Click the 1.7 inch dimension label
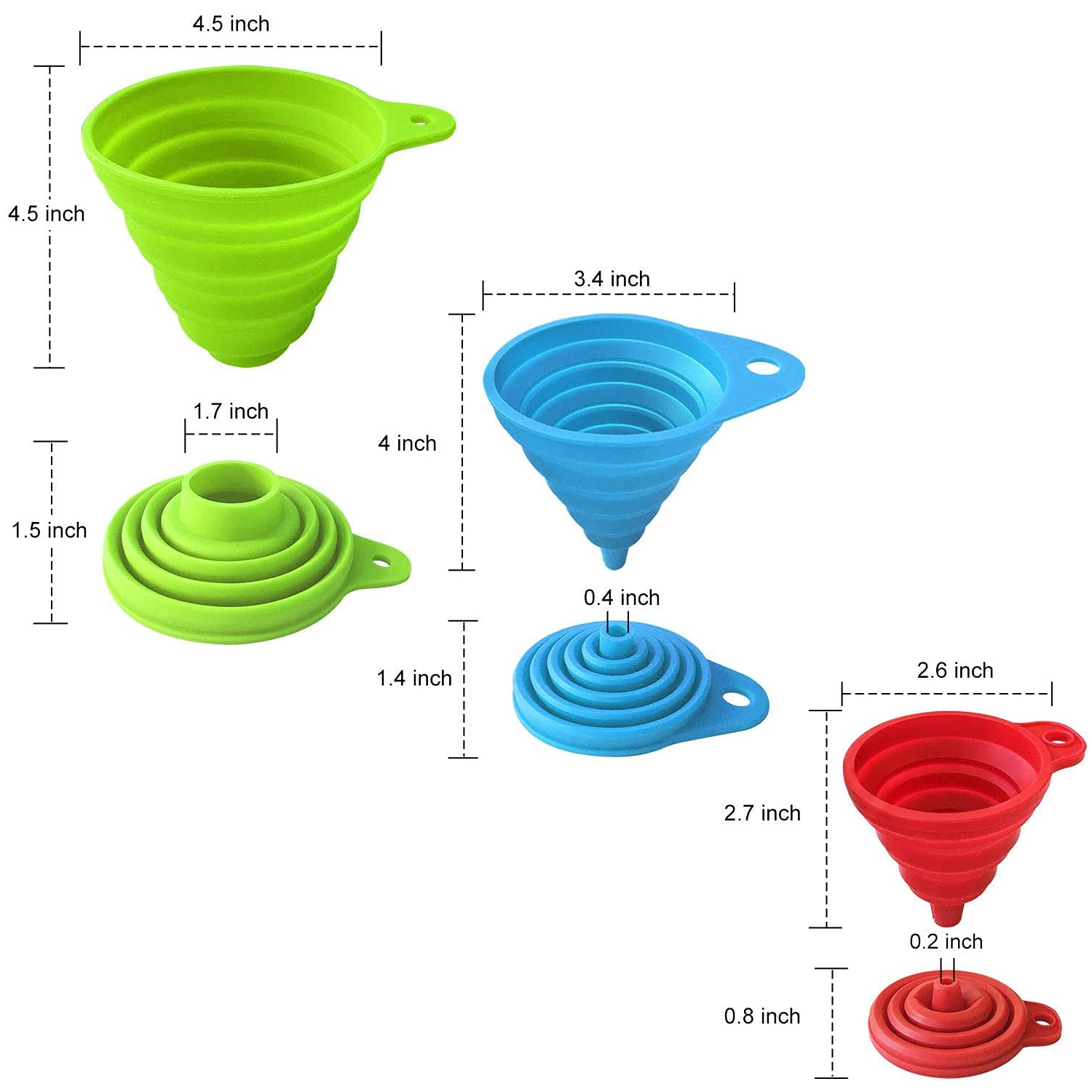(231, 411)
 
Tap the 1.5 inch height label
(49, 530)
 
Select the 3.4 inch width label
(612, 279)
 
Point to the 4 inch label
(407, 443)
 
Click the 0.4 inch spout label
(622, 598)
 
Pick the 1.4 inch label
(414, 678)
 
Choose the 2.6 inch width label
(955, 670)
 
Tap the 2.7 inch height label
(762, 813)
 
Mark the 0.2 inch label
(946, 942)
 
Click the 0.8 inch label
(762, 1016)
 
